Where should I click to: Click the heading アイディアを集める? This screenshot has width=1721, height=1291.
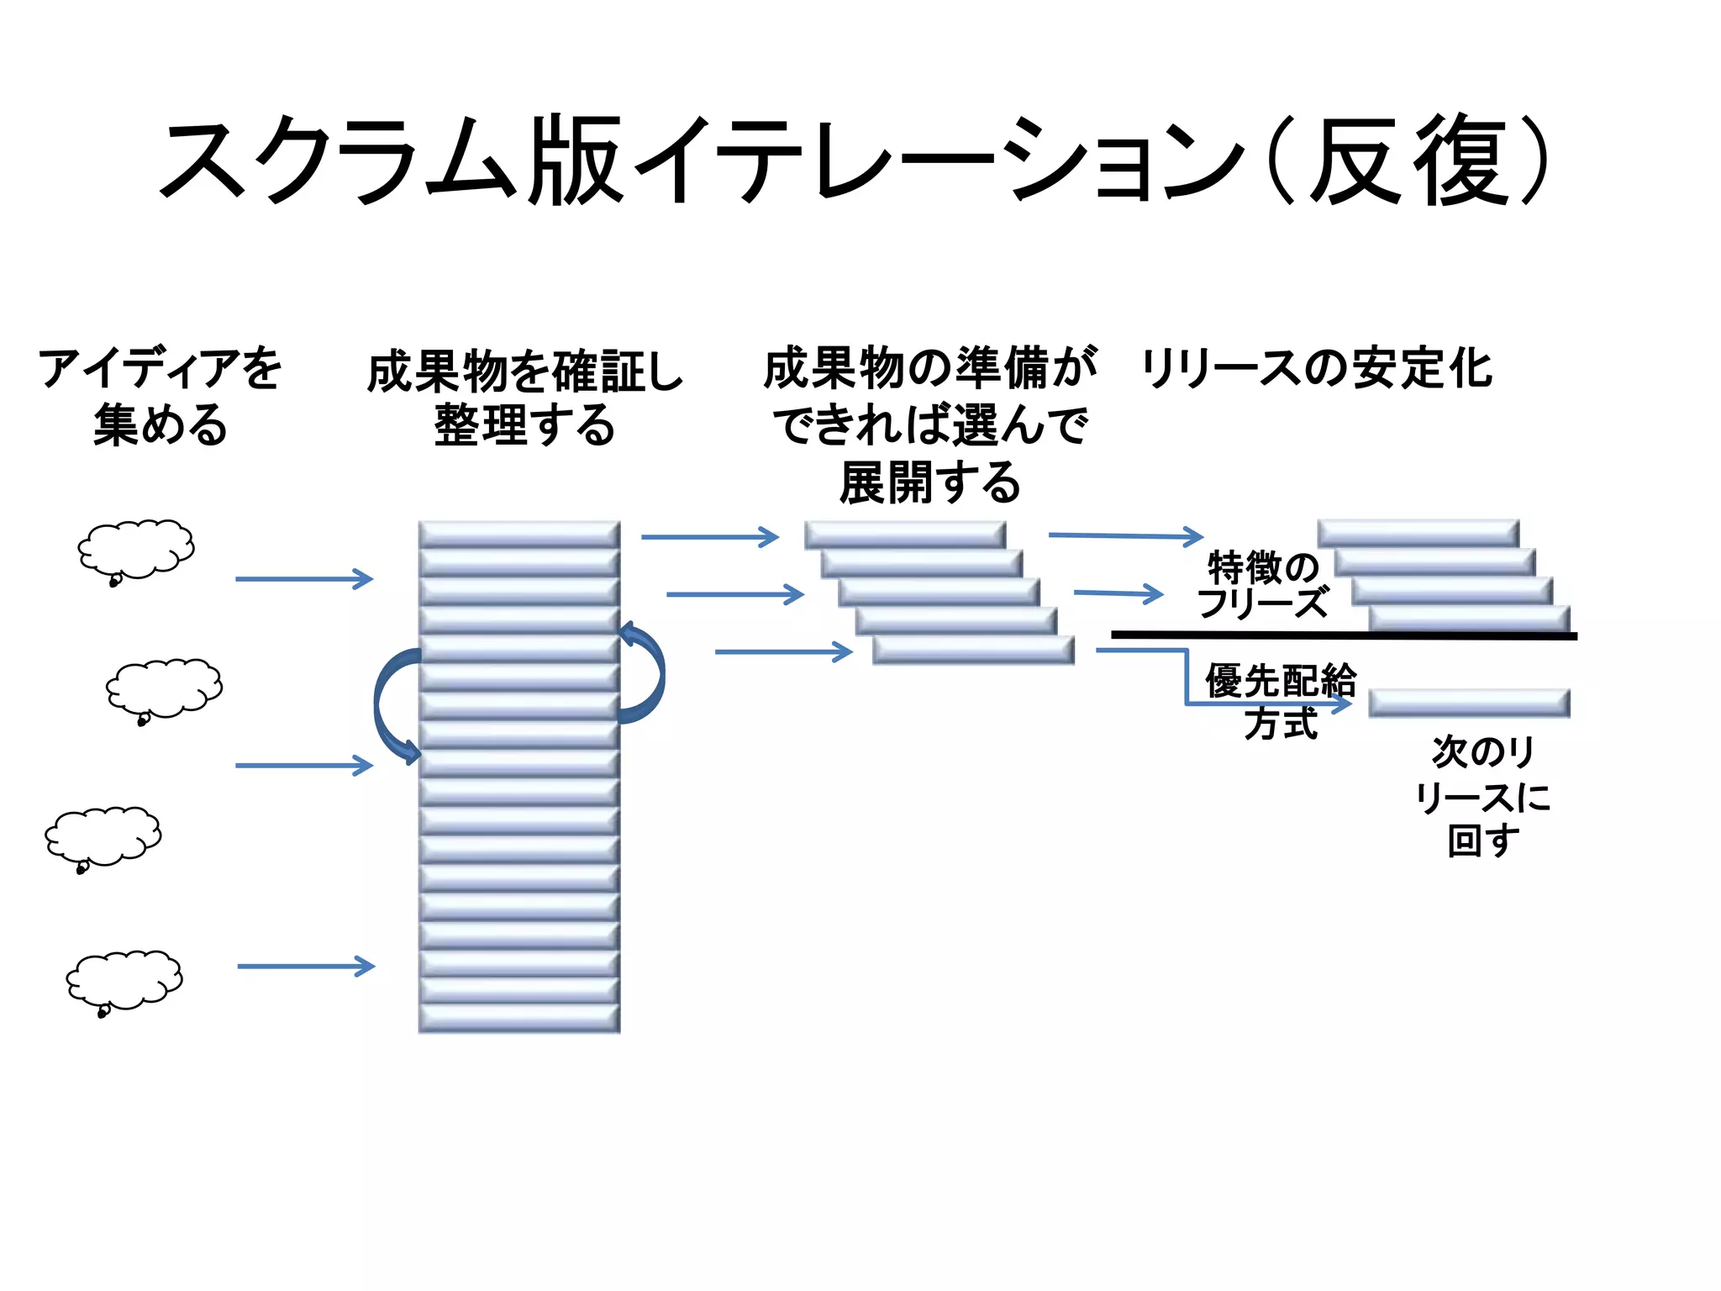(x=160, y=397)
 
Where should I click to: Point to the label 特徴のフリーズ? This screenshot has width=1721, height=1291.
(x=1262, y=585)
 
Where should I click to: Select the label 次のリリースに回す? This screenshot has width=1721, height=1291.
(x=1482, y=795)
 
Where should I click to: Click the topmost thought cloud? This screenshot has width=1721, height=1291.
(x=136, y=549)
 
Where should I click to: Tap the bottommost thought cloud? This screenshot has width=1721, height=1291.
(x=124, y=980)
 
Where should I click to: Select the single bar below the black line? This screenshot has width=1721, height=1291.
(x=1469, y=703)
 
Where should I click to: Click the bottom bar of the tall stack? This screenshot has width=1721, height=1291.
(x=519, y=1019)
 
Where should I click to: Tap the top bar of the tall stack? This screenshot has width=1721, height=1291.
(x=519, y=535)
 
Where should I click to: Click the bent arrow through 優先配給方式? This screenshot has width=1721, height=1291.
(x=1187, y=681)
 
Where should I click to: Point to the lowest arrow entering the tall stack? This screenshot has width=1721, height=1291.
(x=306, y=967)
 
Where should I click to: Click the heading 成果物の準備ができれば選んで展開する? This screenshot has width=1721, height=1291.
(x=929, y=425)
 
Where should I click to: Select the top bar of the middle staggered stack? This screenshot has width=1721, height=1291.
(x=904, y=535)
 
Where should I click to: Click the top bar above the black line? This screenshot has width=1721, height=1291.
(x=1418, y=534)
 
